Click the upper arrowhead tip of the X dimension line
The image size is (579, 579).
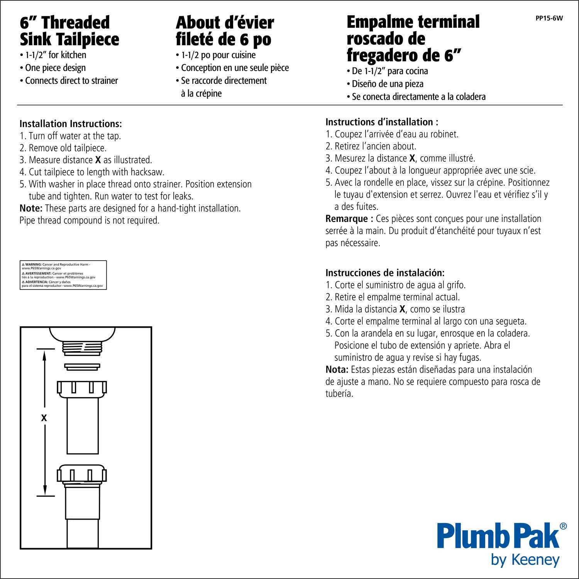coord(45,349)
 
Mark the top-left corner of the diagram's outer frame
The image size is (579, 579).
coord(20,327)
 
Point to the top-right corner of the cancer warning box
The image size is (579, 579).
coord(107,261)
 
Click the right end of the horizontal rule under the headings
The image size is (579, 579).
coord(563,105)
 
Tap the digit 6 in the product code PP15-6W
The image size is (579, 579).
coord(552,18)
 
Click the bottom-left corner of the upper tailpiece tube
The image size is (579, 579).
coord(67,454)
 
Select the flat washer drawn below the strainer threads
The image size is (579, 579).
coord(82,367)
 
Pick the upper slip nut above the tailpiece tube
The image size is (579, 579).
coord(82,389)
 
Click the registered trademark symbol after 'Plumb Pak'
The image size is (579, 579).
coord(563,526)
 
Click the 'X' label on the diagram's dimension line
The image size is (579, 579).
coord(44,418)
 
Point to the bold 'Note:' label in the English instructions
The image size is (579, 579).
coord(31,208)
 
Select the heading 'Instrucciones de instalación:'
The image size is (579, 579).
coord(385,273)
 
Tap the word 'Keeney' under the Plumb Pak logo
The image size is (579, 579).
coord(536,560)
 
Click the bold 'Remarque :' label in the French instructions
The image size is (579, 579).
coord(349,219)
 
